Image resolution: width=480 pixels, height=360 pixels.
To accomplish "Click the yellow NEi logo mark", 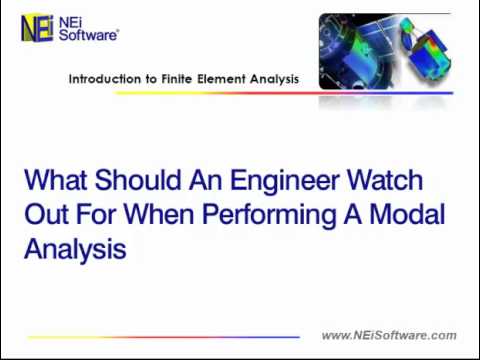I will (38, 28).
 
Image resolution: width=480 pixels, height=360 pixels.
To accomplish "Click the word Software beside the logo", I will (89, 35).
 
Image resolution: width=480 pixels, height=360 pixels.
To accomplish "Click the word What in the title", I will (55, 181).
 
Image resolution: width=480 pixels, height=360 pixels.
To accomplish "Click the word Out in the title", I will (46, 215).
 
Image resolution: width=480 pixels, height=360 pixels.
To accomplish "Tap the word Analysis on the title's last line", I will (75, 250).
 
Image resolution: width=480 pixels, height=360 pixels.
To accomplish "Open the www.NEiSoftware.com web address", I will (389, 336).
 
